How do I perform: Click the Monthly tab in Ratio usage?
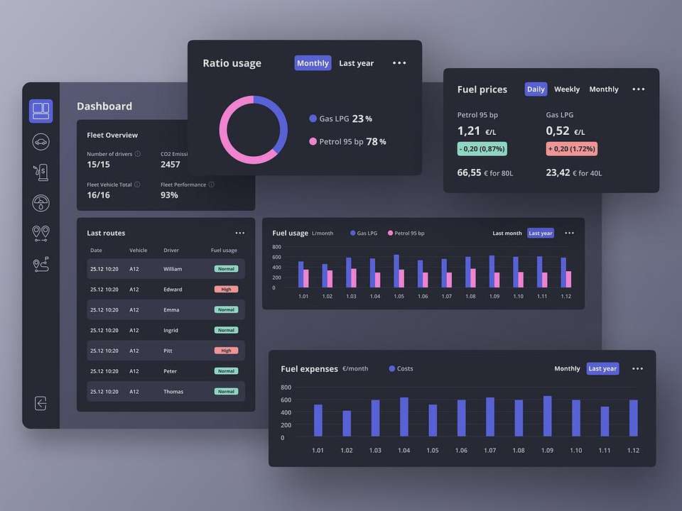point(313,63)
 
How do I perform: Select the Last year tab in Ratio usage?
point(356,63)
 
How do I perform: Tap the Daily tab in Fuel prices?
point(536,89)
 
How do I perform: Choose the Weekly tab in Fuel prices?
point(567,89)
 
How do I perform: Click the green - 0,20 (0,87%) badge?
point(482,149)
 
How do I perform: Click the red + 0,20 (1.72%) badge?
point(571,149)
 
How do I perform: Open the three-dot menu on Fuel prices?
point(639,89)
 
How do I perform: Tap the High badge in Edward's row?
point(226,290)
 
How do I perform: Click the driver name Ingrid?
point(171,330)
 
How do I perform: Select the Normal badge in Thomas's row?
point(226,392)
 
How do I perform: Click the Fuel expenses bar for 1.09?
point(547,416)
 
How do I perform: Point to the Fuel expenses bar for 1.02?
point(347,423)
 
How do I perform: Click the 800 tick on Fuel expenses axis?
point(286,388)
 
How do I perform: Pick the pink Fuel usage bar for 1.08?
point(473,278)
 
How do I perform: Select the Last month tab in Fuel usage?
point(507,233)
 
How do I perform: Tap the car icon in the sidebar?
point(40,141)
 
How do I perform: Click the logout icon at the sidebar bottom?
point(40,403)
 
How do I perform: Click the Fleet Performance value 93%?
point(169,195)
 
